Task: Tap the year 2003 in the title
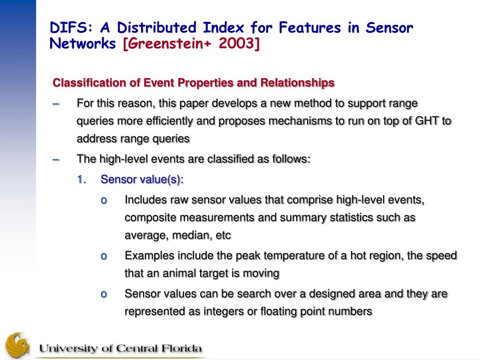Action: (237, 43)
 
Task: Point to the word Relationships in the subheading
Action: (297, 83)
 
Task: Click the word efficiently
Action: (169, 121)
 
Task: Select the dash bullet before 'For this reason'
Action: (56, 104)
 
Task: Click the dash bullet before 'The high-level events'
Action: (56, 160)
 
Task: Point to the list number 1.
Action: (82, 180)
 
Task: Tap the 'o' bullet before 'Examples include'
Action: (104, 256)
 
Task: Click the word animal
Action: (178, 273)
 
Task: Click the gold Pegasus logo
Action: (18, 345)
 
